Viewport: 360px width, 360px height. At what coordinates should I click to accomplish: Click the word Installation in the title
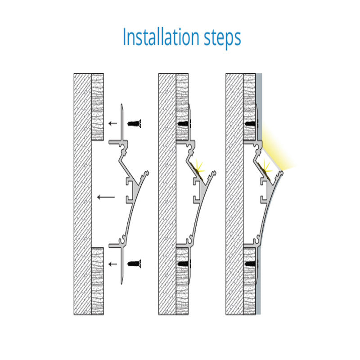tap(161, 37)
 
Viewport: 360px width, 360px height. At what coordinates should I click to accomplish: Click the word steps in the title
tap(222, 38)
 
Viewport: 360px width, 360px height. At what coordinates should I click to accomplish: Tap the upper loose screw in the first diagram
tap(134, 123)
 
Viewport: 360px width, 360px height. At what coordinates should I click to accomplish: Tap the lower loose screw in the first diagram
tap(134, 264)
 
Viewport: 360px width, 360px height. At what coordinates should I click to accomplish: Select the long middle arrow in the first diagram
tap(106, 197)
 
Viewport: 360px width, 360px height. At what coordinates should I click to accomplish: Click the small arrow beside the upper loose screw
tap(112, 123)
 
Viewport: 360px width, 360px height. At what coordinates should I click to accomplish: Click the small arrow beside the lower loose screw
tap(112, 264)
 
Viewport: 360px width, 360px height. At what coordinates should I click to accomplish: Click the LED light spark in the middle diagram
tap(199, 166)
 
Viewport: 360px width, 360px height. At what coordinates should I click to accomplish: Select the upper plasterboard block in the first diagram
tap(98, 107)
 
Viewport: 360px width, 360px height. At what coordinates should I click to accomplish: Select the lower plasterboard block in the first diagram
tap(98, 281)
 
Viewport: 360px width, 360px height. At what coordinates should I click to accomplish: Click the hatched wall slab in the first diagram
tap(83, 194)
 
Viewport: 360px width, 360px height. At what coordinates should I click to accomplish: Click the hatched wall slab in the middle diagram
tap(167, 194)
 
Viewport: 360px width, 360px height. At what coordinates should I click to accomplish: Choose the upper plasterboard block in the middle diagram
tap(182, 107)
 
